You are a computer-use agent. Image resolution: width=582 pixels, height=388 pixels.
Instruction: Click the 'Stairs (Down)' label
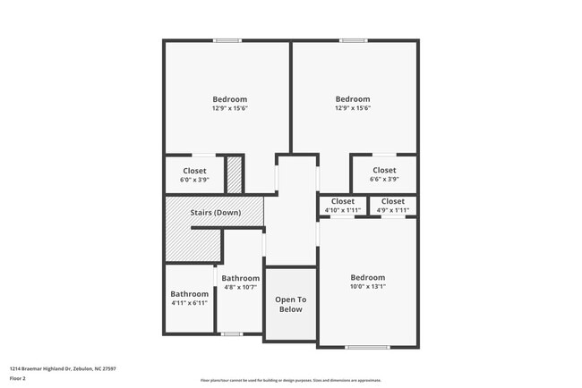[x=215, y=213]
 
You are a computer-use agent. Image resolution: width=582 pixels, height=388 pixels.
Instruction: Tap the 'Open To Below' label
[x=290, y=304]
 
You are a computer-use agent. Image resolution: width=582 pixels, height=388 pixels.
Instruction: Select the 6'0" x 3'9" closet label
[x=194, y=174]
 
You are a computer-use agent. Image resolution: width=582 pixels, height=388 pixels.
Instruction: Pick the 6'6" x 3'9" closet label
[x=384, y=173]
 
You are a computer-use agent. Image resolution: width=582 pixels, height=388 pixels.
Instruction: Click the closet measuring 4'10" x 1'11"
[x=343, y=206]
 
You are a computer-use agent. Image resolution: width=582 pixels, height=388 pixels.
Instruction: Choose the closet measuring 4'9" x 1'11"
[x=392, y=206]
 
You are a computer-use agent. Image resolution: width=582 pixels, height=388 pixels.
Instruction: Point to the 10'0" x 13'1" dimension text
[x=367, y=287]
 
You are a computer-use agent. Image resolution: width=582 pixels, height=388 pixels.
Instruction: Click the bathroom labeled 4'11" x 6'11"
[x=189, y=299]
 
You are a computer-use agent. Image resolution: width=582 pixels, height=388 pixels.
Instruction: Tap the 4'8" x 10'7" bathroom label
[x=240, y=283]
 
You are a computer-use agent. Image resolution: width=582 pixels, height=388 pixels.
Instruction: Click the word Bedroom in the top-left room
[x=229, y=99]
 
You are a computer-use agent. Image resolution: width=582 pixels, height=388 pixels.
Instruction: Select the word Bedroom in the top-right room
[x=353, y=99]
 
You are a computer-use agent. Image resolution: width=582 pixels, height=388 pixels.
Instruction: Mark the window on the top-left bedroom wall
[x=227, y=40]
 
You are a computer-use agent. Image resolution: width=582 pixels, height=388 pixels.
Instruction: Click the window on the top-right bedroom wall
[x=353, y=40]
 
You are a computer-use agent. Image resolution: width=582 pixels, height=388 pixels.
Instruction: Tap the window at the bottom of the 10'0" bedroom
[x=367, y=347]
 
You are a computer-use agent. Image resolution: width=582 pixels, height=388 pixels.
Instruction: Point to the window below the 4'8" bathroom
[x=232, y=334]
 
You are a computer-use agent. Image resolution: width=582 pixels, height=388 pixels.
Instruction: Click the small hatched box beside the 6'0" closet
[x=234, y=174]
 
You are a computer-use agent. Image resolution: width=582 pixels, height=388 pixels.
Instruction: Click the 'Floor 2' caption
[x=18, y=378]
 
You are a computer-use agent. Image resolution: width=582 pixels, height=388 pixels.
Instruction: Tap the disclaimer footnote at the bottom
[x=290, y=380]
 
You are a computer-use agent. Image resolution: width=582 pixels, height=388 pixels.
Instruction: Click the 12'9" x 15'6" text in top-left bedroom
[x=229, y=108]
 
